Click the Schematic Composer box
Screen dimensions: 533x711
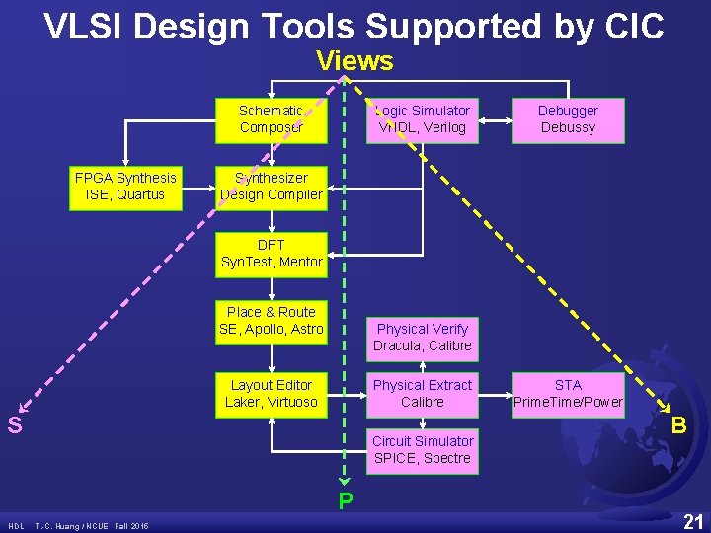(271, 119)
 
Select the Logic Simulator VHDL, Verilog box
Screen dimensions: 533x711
(423, 119)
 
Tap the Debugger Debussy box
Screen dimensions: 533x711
(568, 119)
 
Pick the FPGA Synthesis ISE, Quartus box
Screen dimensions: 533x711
(125, 187)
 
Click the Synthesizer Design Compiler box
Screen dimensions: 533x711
(271, 187)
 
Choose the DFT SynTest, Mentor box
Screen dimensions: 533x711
(271, 254)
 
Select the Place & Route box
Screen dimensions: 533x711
(271, 321)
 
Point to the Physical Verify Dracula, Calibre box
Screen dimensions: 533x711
(423, 338)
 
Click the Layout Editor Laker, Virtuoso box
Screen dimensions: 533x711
(271, 394)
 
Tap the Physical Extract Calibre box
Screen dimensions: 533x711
(423, 394)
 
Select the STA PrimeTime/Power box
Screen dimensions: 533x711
(568, 394)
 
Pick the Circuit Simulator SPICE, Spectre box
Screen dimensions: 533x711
(423, 450)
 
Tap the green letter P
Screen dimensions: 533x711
(345, 501)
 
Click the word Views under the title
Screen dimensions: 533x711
(355, 61)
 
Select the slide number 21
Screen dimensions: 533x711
(693, 521)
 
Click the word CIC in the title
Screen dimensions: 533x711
(628, 27)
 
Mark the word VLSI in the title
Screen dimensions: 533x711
(84, 27)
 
